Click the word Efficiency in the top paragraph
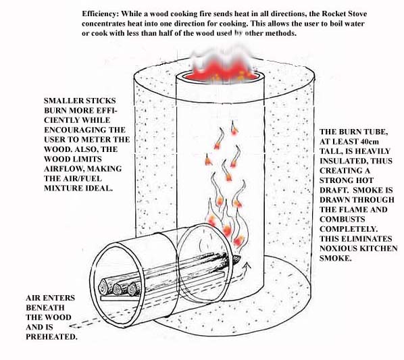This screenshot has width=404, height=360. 103,14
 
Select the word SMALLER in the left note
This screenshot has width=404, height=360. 63,101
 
